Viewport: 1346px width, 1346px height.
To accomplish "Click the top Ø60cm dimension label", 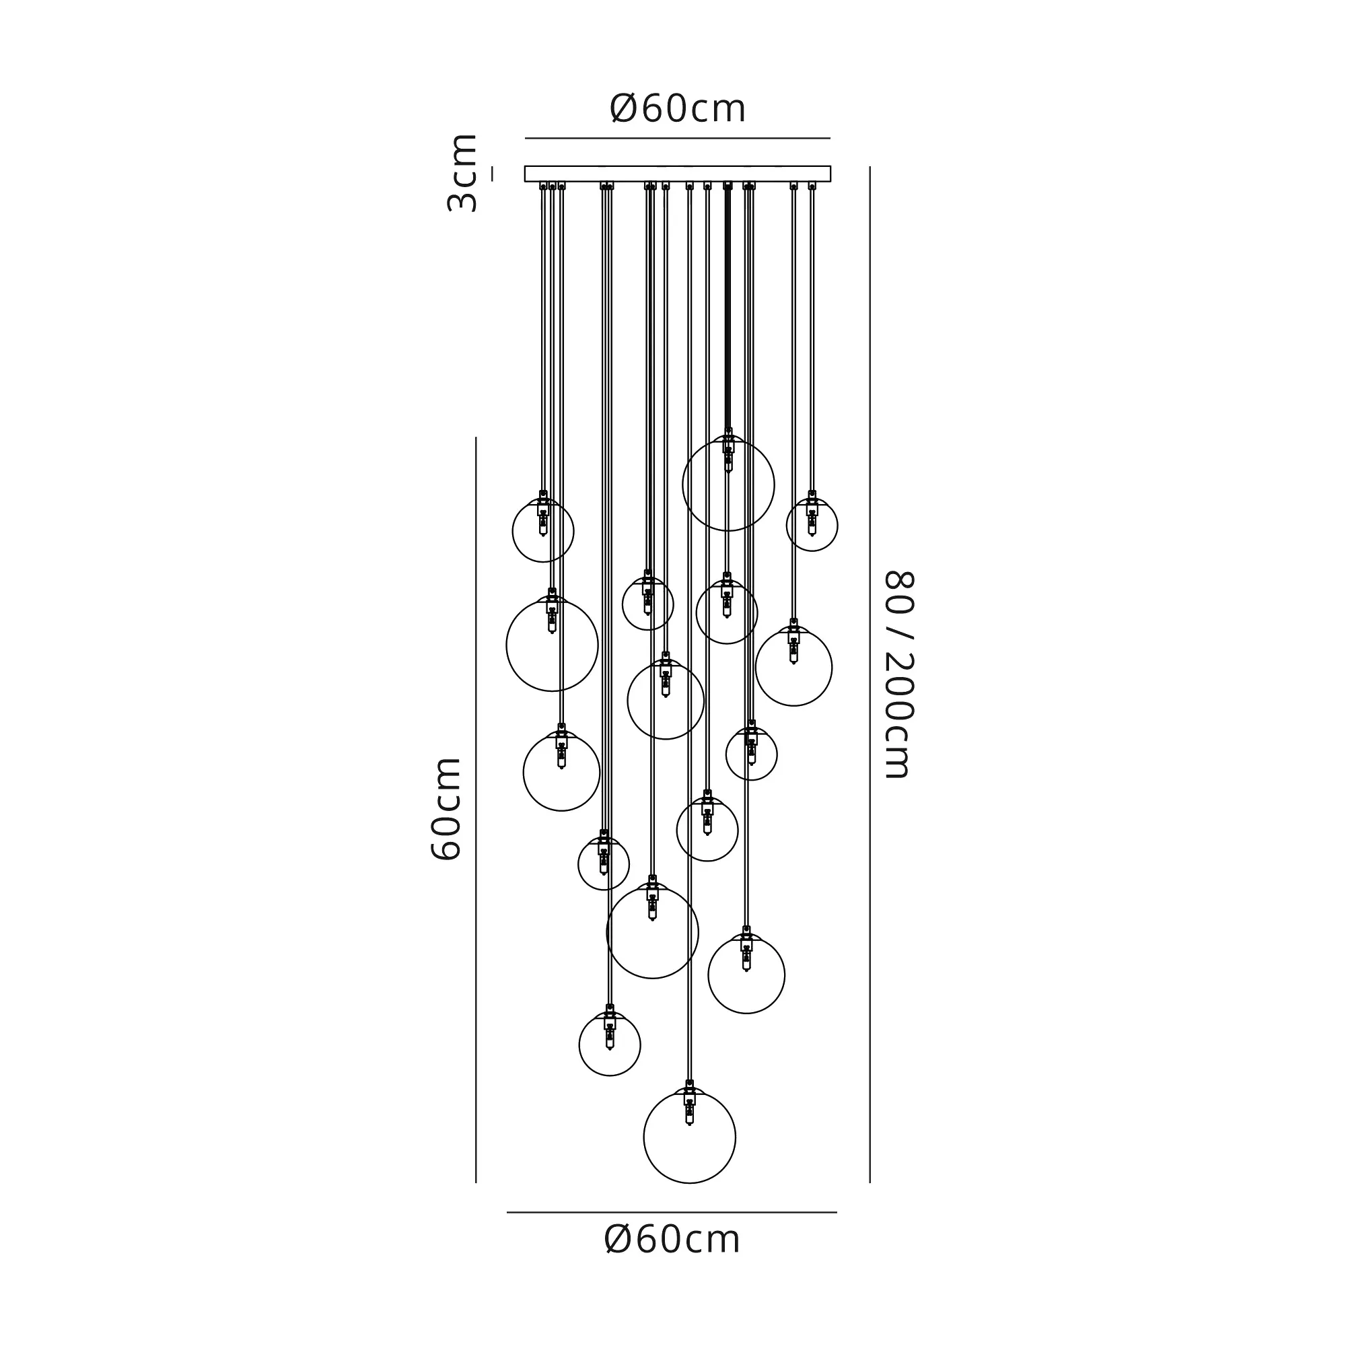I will point(677,108).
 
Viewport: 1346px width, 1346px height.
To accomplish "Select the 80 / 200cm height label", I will point(898,674).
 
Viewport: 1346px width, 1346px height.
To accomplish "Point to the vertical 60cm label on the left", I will point(447,809).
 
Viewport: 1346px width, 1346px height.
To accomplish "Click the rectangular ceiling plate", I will point(677,174).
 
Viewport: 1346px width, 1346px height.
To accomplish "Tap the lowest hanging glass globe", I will point(689,1137).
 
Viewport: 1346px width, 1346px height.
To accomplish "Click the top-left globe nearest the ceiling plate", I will point(542,531).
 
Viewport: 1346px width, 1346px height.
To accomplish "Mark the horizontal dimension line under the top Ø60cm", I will point(677,139).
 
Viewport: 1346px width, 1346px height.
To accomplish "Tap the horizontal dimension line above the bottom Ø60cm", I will point(672,1212).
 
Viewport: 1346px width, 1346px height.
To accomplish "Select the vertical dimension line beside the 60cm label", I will point(476,808).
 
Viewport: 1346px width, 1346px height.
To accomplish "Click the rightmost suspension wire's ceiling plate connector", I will point(812,186).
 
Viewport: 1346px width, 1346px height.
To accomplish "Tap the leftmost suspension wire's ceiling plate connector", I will point(543,186).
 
